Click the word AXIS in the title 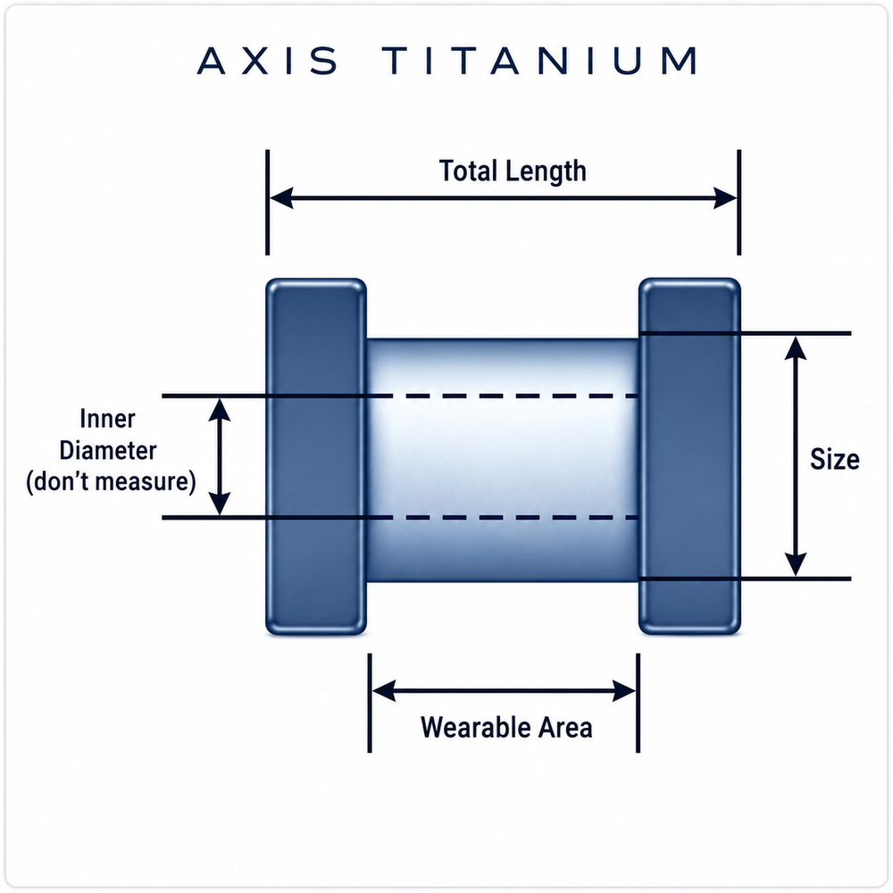tap(267, 61)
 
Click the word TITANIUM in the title tap(540, 61)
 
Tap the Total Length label tap(513, 171)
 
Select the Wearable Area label tap(506, 727)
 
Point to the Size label tap(834, 459)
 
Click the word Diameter tap(108, 450)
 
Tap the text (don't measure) tap(111, 482)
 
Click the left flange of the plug tap(316, 456)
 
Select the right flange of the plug tap(689, 456)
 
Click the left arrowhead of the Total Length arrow tap(281, 198)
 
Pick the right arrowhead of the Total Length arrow tap(725, 198)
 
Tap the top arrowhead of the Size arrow tap(796, 348)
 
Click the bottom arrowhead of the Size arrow tap(796, 563)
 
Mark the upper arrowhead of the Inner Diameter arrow tap(220, 410)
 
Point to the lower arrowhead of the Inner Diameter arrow tap(220, 504)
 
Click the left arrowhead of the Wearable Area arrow tap(384, 691)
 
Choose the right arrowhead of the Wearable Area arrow tap(624, 691)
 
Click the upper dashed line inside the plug tap(502, 396)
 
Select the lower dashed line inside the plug tap(502, 518)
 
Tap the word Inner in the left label tap(108, 419)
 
